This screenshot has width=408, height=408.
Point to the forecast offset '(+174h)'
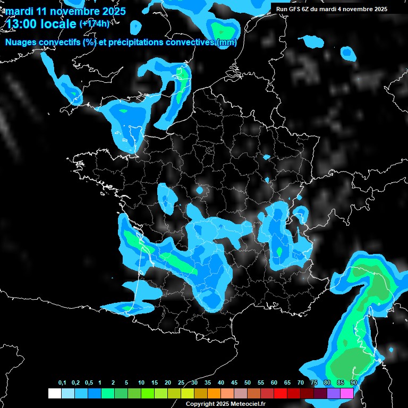[x=94, y=24]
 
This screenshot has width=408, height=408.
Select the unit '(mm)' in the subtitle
[x=226, y=42]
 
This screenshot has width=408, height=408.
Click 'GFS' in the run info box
[x=297, y=9]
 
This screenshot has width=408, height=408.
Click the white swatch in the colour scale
[x=54, y=393]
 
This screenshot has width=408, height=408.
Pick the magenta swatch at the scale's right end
[x=346, y=393]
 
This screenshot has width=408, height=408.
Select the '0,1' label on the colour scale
[x=62, y=383]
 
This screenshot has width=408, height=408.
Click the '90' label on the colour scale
[x=353, y=383]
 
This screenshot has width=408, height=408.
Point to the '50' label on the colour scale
[x=248, y=383]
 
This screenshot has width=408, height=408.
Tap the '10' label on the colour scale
[x=141, y=383]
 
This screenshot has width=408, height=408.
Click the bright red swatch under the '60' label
[x=280, y=393]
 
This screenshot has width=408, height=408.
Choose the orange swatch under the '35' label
[x=214, y=393]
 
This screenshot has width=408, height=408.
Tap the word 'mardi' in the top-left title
[x=18, y=11]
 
